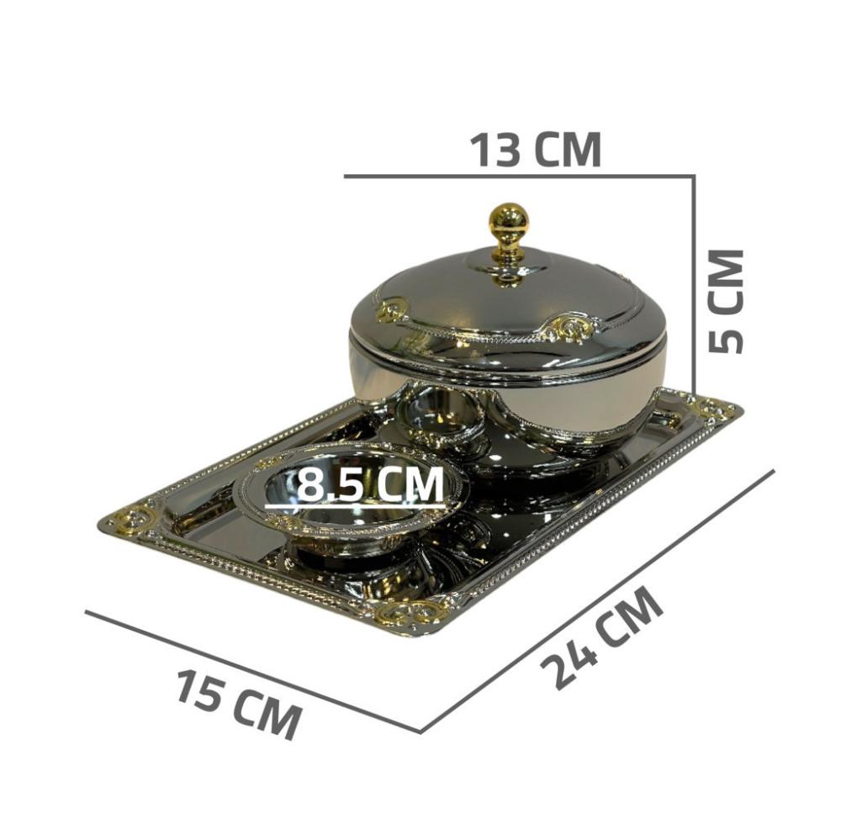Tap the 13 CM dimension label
536,150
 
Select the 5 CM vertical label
726,302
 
